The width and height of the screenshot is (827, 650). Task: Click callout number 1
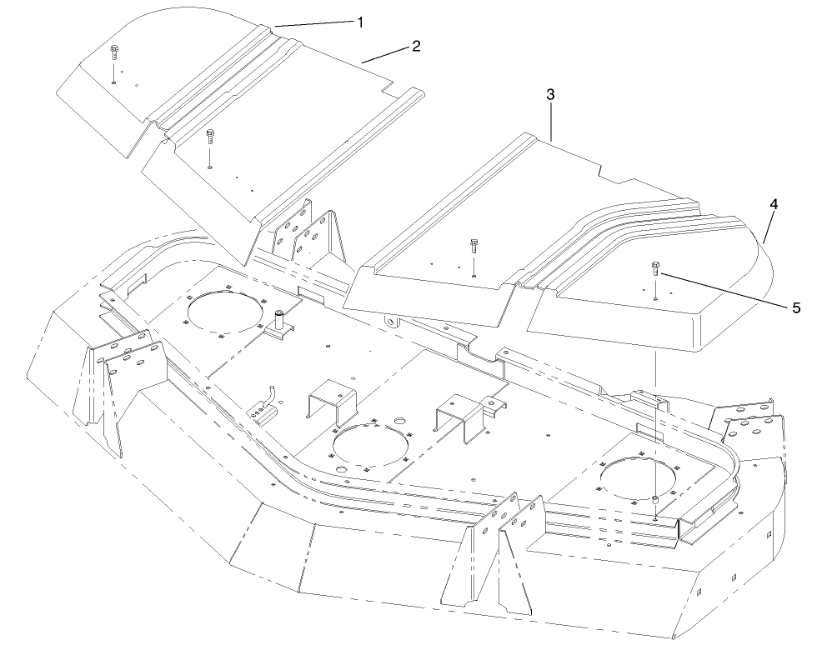(360, 22)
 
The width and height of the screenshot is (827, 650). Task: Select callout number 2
(415, 46)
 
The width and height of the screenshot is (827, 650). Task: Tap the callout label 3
(550, 95)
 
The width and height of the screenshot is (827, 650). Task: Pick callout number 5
(796, 307)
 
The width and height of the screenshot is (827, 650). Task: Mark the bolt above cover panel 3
(474, 244)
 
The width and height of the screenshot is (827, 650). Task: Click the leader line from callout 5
(725, 287)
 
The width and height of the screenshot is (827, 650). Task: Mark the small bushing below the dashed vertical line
(657, 498)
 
